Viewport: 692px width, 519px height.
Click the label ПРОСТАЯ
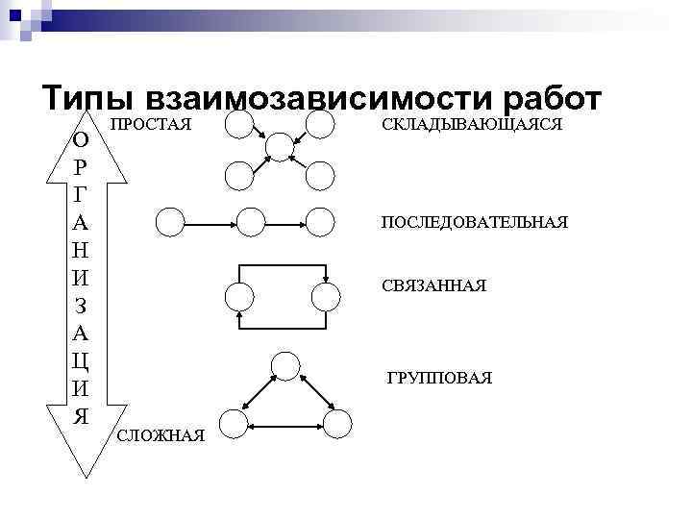(x=151, y=125)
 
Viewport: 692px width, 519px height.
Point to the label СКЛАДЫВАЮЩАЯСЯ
(x=471, y=125)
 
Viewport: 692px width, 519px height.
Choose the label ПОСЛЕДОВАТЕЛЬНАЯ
(x=475, y=223)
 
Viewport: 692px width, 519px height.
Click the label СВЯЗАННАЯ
(x=433, y=286)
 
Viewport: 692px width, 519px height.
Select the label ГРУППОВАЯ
(x=439, y=379)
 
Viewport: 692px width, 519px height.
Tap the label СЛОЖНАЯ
(x=160, y=437)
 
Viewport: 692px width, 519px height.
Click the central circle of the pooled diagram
(x=279, y=145)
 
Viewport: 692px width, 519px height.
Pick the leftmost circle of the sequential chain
(x=169, y=222)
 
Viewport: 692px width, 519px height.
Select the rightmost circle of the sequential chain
(x=318, y=222)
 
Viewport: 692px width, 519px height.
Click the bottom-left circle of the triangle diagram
(x=234, y=422)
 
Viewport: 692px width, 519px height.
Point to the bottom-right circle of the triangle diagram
(x=337, y=422)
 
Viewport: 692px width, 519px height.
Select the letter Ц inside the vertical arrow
(x=82, y=361)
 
